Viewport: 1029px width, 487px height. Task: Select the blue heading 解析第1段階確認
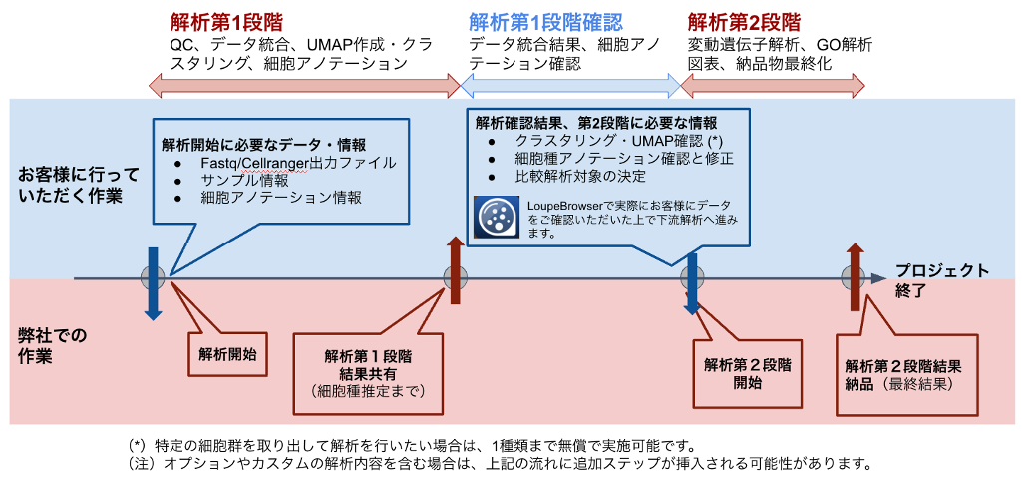click(x=545, y=21)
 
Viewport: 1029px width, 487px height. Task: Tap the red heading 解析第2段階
click(x=744, y=21)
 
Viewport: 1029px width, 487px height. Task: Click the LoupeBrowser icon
click(x=496, y=217)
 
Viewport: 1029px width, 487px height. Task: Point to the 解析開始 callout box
click(x=227, y=353)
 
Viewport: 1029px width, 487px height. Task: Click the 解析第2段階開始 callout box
click(x=747, y=373)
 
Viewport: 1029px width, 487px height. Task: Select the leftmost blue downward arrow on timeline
click(x=153, y=283)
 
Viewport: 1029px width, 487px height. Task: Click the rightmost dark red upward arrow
click(x=855, y=275)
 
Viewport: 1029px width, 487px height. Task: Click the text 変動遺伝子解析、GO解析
click(x=780, y=45)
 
